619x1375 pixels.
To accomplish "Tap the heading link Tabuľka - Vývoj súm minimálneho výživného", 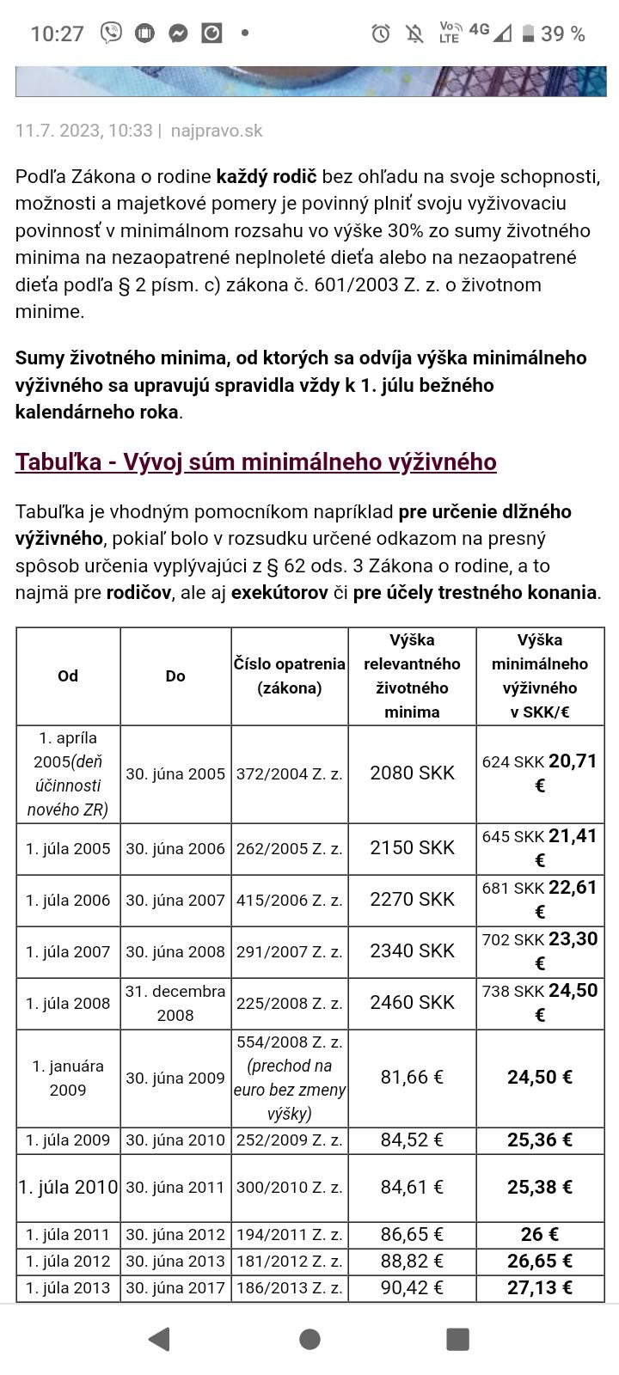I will [255, 462].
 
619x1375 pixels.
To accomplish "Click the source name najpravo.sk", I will [217, 131].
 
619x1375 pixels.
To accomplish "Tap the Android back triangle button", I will [159, 1339].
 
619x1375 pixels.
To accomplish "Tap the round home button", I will [309, 1339].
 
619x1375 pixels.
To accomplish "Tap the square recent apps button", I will [457, 1339].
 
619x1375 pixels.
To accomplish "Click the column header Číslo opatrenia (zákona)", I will [290, 675].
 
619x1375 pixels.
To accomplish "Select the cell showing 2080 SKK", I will [412, 773].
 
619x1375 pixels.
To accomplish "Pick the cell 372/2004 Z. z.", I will [290, 773].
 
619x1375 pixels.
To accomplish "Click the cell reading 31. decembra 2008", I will [175, 1003].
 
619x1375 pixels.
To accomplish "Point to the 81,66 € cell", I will [412, 1078].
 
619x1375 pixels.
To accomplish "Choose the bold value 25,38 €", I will [539, 1188].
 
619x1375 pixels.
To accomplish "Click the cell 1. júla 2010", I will [68, 1188].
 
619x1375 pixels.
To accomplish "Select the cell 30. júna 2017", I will [175, 1287].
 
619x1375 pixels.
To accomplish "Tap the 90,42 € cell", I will [412, 1287].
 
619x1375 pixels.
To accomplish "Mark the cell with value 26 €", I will [539, 1235].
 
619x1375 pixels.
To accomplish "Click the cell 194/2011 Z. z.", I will [290, 1235].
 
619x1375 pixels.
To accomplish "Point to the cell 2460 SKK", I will [412, 1003].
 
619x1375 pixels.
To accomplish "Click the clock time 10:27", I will [57, 34].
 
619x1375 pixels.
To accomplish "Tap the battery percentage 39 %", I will [563, 34].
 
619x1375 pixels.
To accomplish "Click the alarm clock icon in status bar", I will [381, 34].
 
